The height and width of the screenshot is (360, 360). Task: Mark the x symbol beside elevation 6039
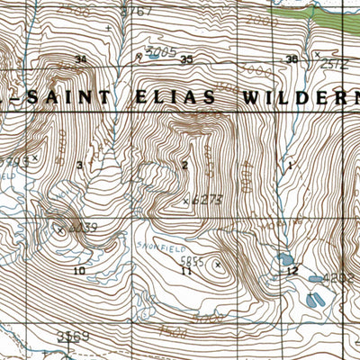[59, 229]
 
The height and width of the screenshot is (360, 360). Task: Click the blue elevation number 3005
[160, 54]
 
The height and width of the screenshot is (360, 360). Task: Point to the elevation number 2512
[335, 63]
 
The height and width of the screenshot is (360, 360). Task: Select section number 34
[81, 59]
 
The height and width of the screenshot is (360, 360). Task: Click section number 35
[186, 59]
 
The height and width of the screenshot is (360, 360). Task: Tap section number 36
[291, 59]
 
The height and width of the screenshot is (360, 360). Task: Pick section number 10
[79, 270]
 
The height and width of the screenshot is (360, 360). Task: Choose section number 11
[185, 270]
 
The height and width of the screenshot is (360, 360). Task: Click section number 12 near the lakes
[292, 270]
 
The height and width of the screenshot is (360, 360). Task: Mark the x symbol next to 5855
[218, 265]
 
